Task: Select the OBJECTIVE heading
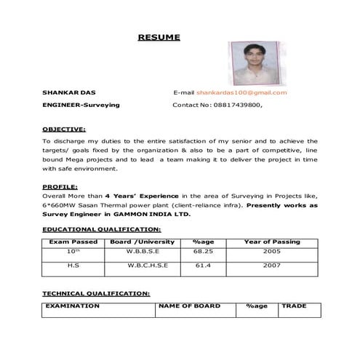click(x=64, y=129)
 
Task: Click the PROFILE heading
click(x=60, y=187)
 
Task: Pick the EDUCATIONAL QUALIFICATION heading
click(x=100, y=229)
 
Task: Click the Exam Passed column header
click(x=73, y=241)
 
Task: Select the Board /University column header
click(x=142, y=241)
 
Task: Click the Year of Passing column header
click(x=271, y=241)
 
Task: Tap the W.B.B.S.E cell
click(x=142, y=251)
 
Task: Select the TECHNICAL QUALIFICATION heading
click(x=97, y=294)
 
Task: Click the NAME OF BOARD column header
click(x=190, y=306)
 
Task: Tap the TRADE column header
click(x=295, y=306)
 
